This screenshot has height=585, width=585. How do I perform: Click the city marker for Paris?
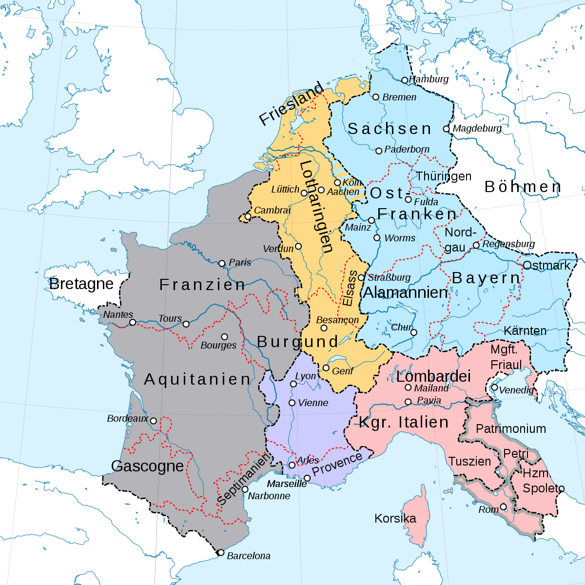(x=222, y=263)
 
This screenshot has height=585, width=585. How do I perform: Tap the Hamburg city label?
(x=429, y=79)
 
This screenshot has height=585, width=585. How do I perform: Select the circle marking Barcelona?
(x=221, y=552)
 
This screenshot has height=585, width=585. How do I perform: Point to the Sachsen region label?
(x=390, y=129)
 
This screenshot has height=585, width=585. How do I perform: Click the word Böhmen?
(x=523, y=187)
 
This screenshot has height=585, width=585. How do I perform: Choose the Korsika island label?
(x=395, y=518)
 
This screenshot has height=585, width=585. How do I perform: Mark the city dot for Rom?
(x=504, y=507)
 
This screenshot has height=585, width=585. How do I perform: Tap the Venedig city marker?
(x=494, y=388)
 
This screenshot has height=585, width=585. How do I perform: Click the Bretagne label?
(x=81, y=284)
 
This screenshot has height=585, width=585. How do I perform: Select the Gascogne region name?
(x=147, y=466)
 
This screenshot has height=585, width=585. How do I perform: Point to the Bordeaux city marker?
(x=153, y=421)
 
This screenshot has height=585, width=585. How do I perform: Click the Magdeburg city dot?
(x=446, y=129)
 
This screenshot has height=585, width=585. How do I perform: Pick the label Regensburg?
(x=508, y=244)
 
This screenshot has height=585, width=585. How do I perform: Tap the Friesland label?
(x=291, y=104)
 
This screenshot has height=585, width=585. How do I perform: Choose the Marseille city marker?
(x=307, y=478)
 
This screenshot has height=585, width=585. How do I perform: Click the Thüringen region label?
(x=444, y=176)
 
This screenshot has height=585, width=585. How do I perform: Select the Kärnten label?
(x=525, y=331)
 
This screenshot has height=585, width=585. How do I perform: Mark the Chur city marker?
(x=413, y=332)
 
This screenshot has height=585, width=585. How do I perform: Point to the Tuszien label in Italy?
(x=469, y=461)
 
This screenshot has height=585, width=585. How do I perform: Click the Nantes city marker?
(x=133, y=322)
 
